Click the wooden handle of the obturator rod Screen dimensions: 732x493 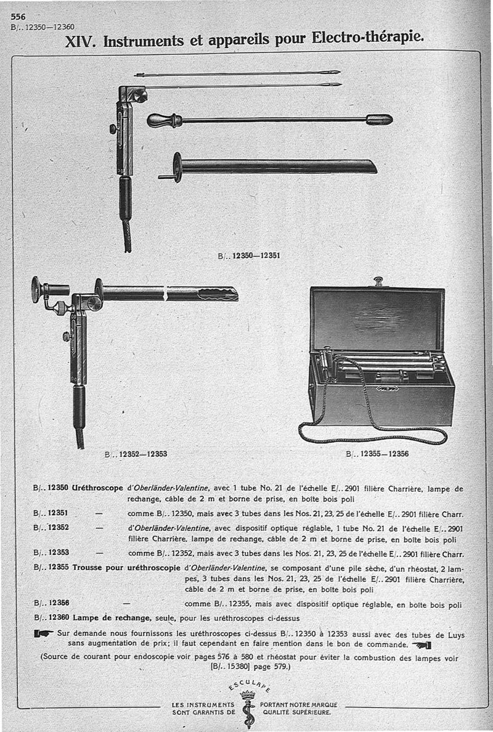coord(161,120)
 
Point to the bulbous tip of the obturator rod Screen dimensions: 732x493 coord(379,119)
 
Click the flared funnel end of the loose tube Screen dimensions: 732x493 coord(177,167)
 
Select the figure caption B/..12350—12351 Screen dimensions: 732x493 coord(249,254)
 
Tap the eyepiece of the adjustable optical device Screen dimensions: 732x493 coord(37,289)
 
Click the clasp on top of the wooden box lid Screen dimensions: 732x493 coord(377,282)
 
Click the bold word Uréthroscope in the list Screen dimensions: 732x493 coord(97,488)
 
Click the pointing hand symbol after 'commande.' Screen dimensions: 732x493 coord(421,645)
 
